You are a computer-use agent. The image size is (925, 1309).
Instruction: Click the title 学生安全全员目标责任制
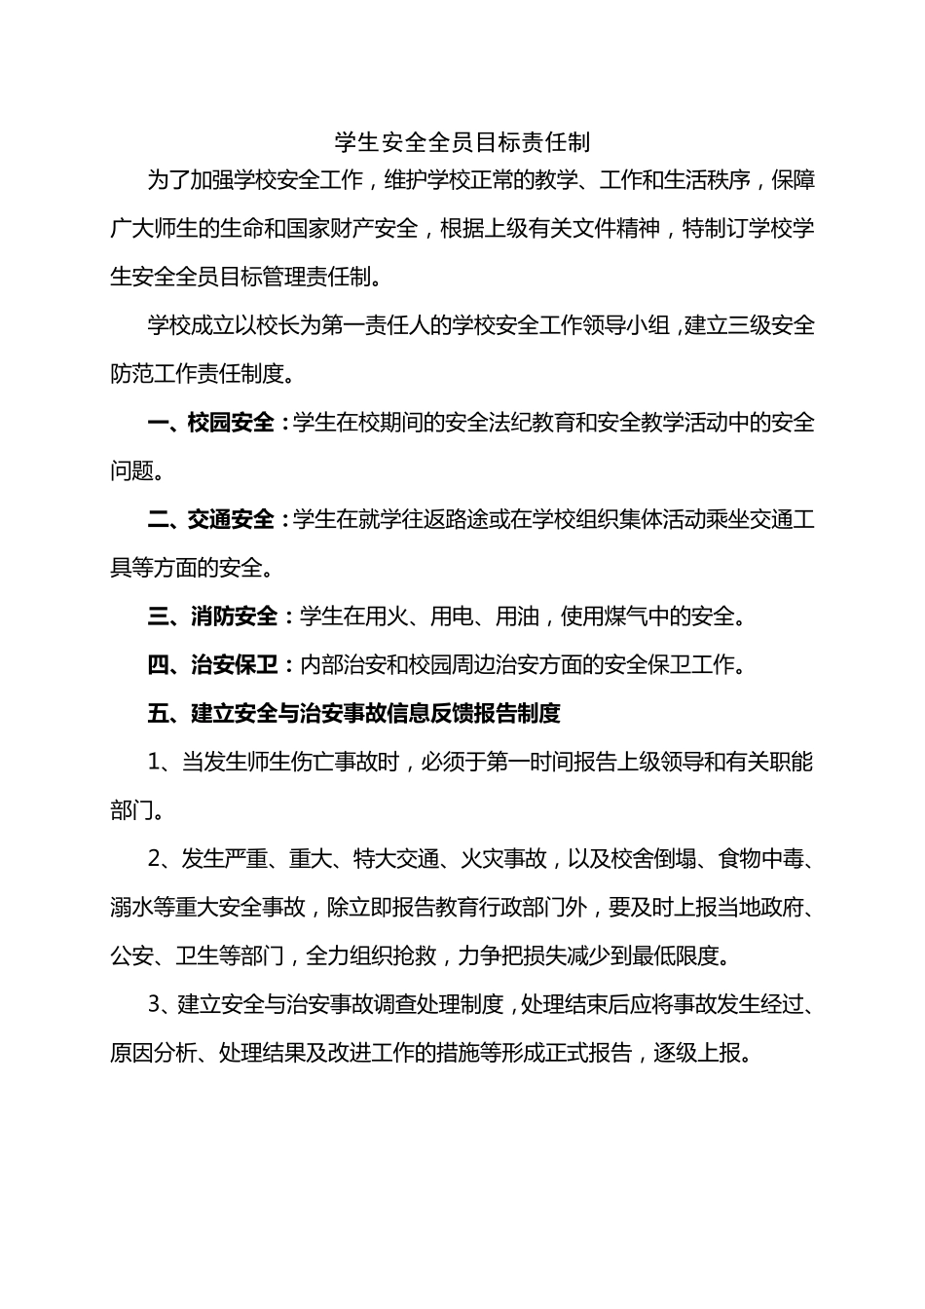pyautogui.click(x=462, y=142)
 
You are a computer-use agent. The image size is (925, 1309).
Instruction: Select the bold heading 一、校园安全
pyautogui.click(x=211, y=423)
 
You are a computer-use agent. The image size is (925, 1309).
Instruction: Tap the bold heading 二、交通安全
pyautogui.click(x=211, y=519)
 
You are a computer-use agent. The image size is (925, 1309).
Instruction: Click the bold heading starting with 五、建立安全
pyautogui.click(x=354, y=714)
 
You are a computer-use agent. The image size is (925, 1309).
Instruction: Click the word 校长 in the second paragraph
pyautogui.click(x=278, y=325)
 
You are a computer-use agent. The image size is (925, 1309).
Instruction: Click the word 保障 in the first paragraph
pyautogui.click(x=793, y=180)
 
